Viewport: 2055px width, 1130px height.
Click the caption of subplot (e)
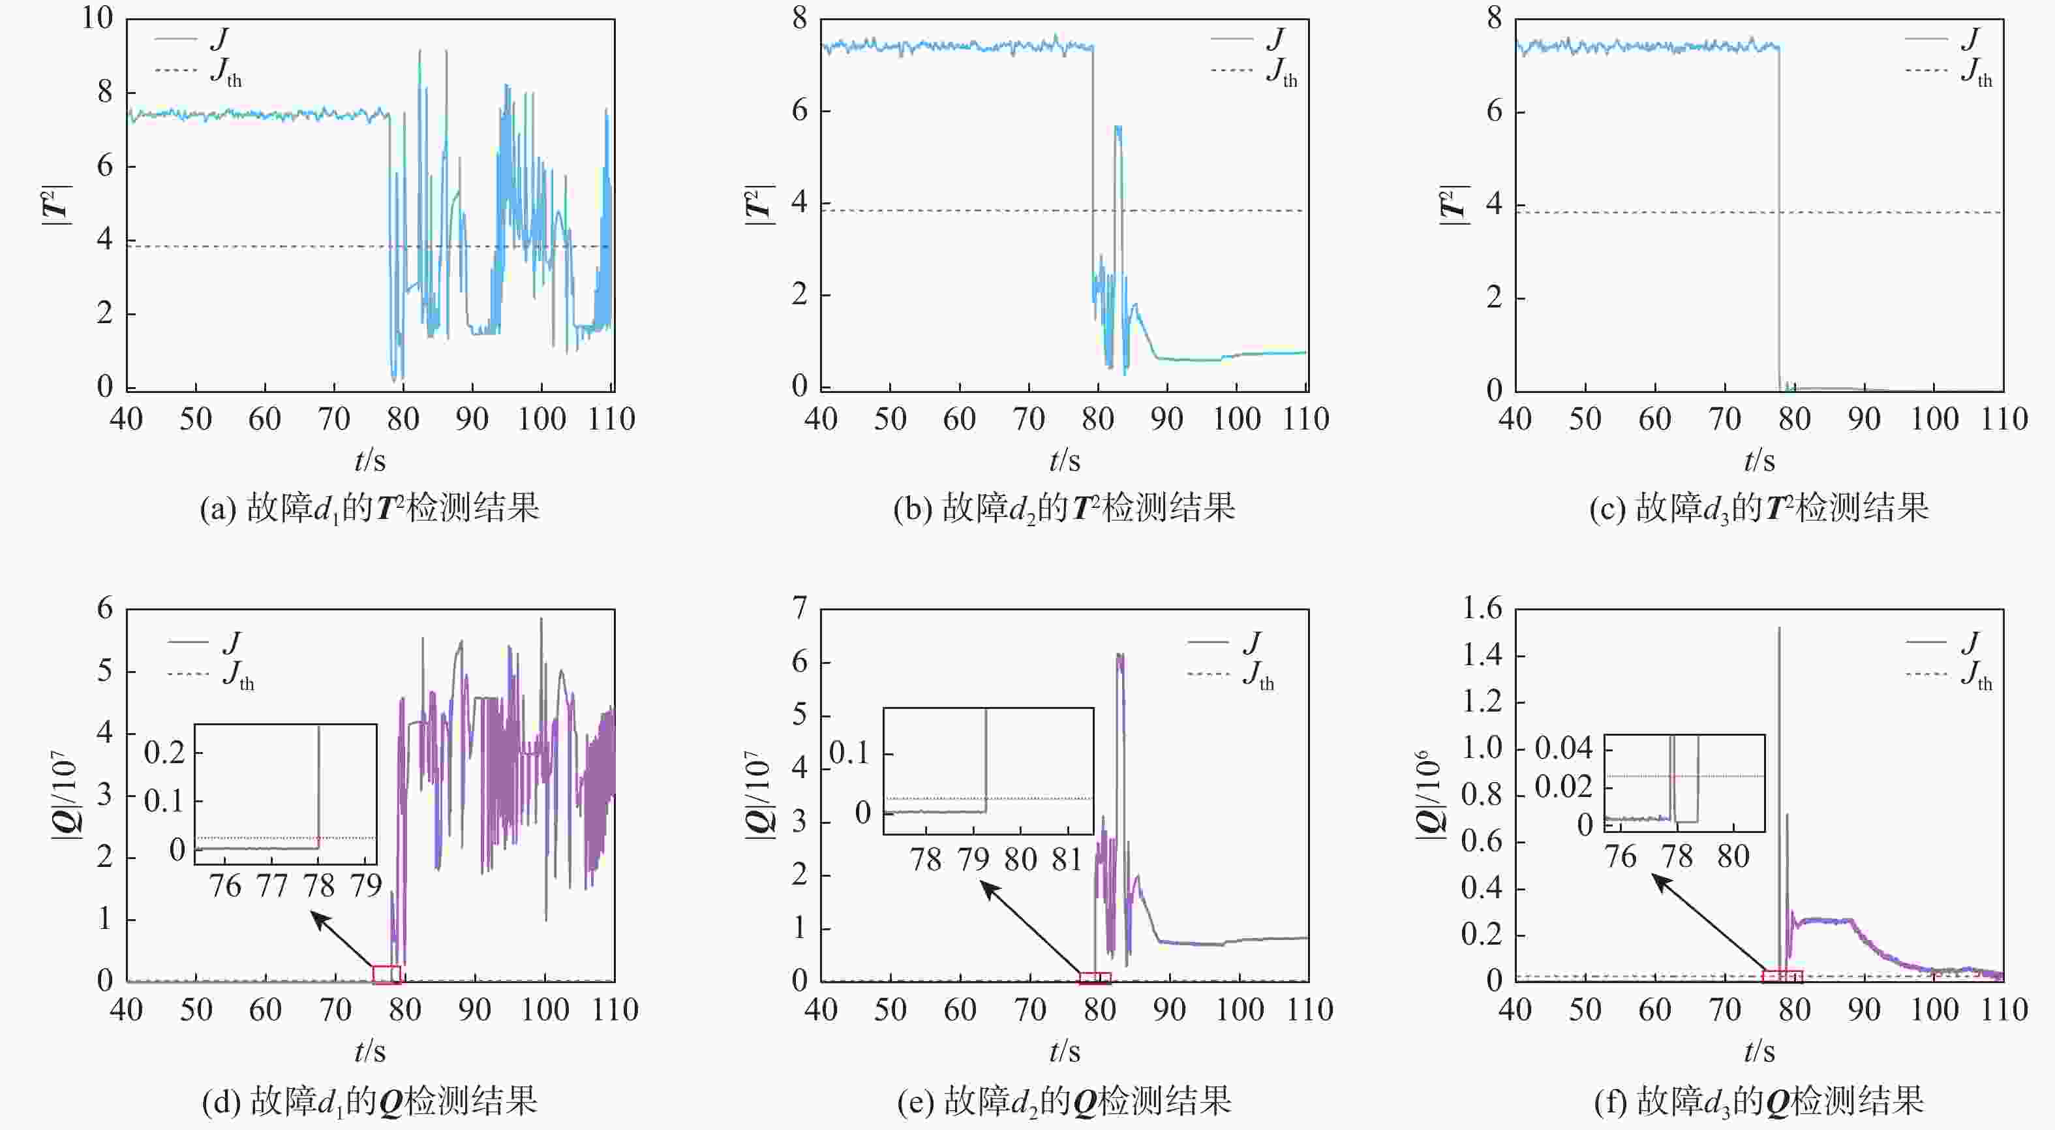tap(1064, 1102)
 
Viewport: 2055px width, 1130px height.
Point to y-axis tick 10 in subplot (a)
tap(98, 18)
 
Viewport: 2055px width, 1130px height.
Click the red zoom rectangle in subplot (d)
tap(387, 975)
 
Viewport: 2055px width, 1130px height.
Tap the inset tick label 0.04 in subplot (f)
tap(1563, 749)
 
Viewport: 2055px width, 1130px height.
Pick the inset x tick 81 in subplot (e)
tap(1067, 860)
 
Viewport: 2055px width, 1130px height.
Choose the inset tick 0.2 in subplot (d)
tap(164, 752)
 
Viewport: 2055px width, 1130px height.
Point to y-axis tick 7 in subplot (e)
tap(799, 609)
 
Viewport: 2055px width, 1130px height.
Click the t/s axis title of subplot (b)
tap(1064, 460)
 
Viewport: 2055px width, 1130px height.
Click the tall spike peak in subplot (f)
tap(1779, 629)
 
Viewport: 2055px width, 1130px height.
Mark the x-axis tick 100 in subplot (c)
tap(1934, 419)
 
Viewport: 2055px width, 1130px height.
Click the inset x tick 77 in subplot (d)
tap(272, 886)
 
